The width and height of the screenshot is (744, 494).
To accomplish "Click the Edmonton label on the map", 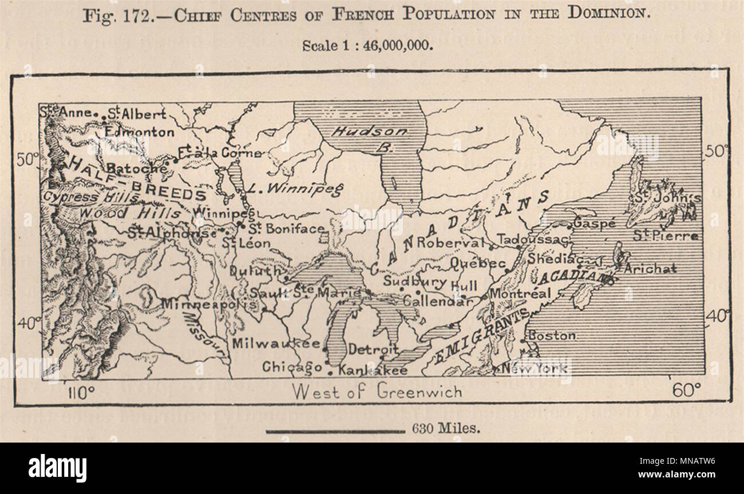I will point(140,132).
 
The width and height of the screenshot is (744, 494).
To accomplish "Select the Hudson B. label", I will point(370,138).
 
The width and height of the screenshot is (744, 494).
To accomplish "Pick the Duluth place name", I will point(256,272).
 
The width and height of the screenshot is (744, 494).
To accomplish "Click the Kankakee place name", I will point(373,370).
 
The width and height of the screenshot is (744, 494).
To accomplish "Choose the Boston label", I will point(552,336).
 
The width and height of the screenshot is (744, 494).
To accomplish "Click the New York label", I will point(536,368).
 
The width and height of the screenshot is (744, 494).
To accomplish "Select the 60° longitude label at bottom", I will point(687,391).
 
